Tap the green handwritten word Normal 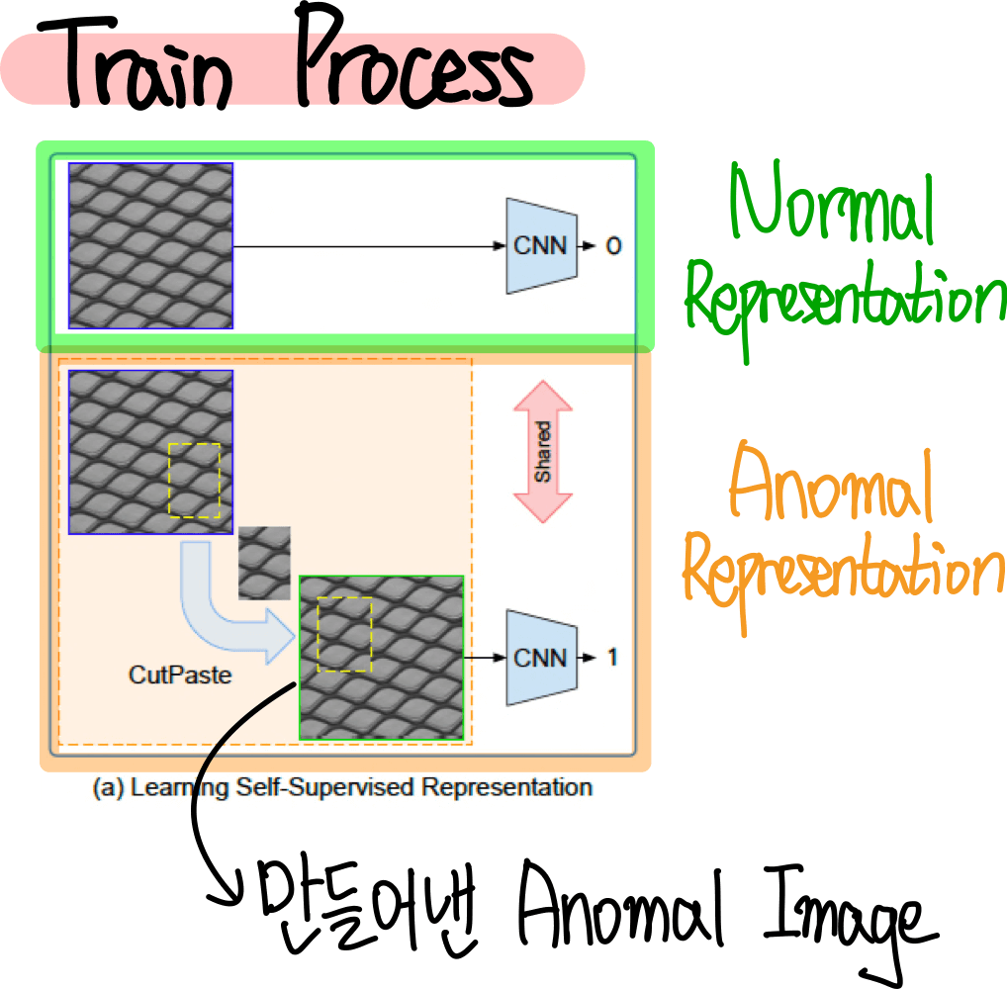[832, 209]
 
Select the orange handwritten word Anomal [831, 489]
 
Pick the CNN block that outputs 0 [541, 245]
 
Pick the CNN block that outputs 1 [541, 657]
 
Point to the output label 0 [613, 245]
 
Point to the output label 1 [613, 657]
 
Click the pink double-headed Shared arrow [543, 451]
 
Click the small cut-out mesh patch [265, 562]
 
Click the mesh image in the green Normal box [150, 245]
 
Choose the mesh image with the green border [381, 657]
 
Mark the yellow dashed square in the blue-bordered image [194, 480]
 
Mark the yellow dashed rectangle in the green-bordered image [344, 634]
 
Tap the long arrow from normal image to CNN [366, 246]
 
